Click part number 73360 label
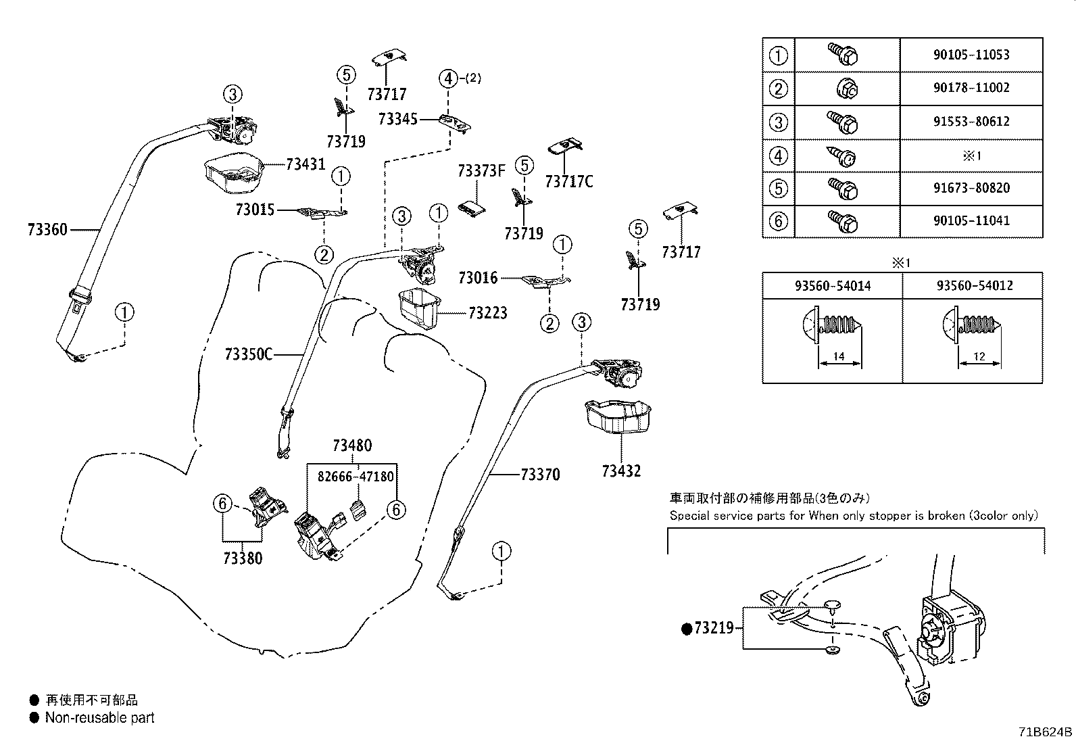pos(47,230)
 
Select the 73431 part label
pos(306,164)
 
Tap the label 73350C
pos(248,355)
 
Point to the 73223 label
pos(487,313)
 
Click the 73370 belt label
pos(541,475)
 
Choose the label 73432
pos(621,471)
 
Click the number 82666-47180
pos(356,477)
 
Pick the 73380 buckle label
pos(243,558)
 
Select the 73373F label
pos(482,170)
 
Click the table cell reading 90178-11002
pos(971,87)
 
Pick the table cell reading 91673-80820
pos(971,187)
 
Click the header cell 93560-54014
pos(833,286)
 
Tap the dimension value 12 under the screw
pos(979,356)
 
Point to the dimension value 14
pos(839,356)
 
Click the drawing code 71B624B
pos(1046,732)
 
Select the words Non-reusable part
pos(99,717)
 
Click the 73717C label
pos(569,182)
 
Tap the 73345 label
pos(397,119)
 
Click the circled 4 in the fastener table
pos(778,155)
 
